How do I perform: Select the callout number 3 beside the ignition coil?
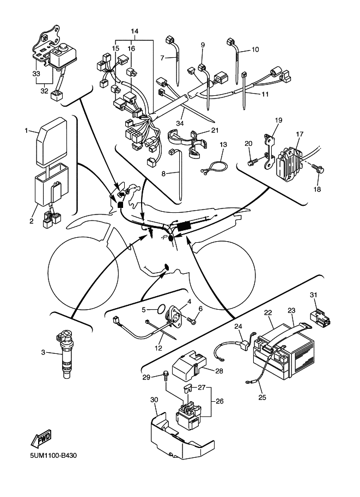43,353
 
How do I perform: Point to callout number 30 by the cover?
154,401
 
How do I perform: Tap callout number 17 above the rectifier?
299,134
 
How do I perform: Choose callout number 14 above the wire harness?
135,32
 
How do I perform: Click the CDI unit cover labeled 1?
52,142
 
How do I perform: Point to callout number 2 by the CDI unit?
32,221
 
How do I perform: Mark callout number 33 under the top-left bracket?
36,73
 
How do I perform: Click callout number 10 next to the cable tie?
255,50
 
